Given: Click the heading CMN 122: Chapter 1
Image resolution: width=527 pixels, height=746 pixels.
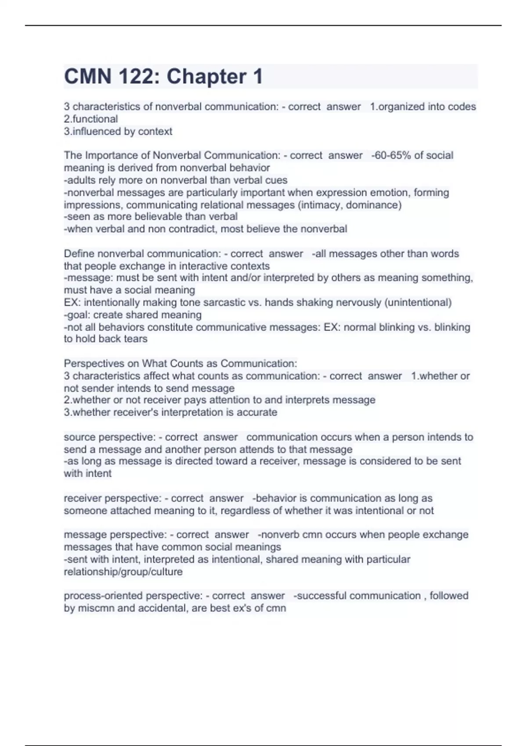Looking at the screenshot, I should click(163, 76).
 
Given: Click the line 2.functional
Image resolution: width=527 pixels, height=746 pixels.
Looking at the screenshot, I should click(91, 119).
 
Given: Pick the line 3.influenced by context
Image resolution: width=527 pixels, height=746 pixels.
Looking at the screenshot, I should click(118, 131).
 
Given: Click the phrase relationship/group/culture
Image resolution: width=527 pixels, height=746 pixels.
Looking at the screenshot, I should click(123, 572).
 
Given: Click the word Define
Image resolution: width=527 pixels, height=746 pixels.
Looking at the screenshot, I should click(79, 254).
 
